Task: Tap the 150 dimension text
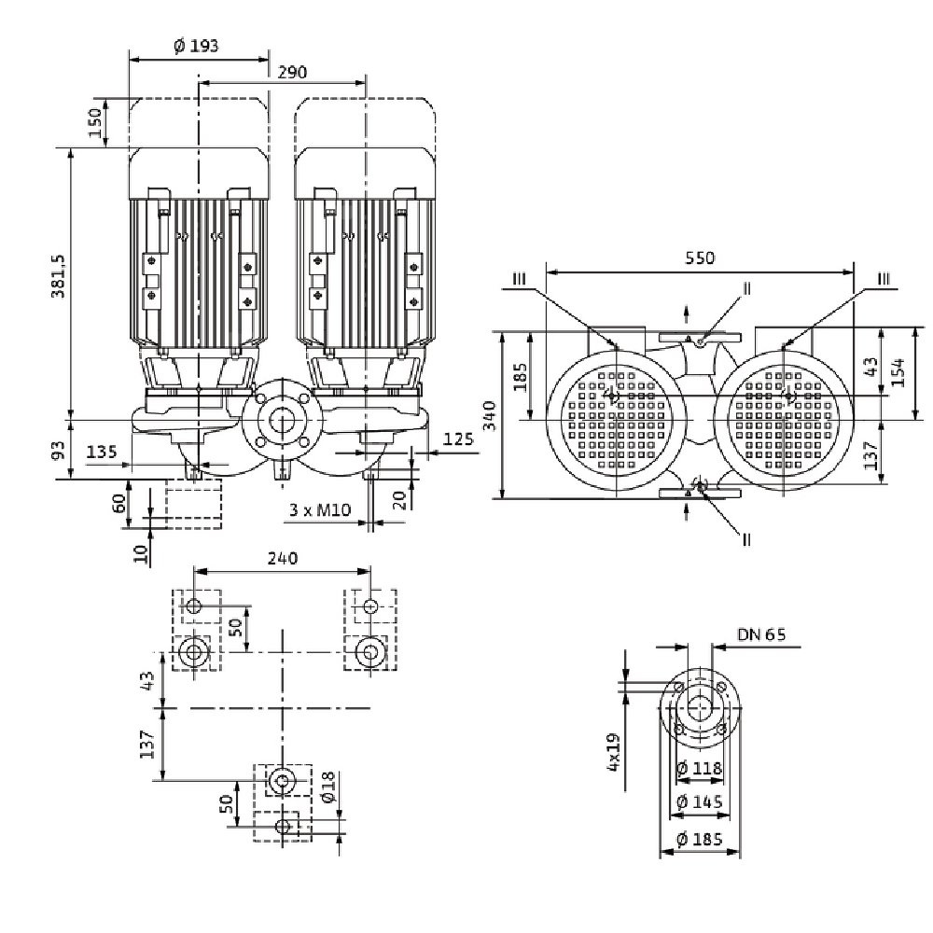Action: pos(94,122)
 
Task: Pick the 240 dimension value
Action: pos(282,558)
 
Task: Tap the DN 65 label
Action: pos(761,634)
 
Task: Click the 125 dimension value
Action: pos(456,439)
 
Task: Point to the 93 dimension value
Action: pos(59,451)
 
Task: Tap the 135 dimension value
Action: pos(101,453)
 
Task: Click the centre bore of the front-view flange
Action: pos(280,422)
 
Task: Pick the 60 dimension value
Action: pos(118,504)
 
